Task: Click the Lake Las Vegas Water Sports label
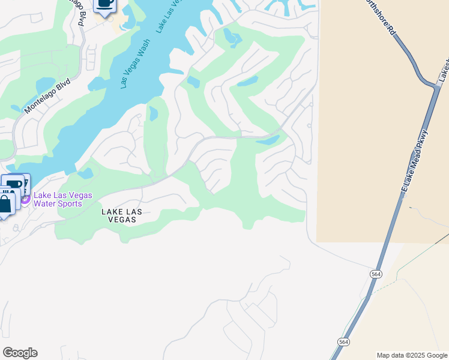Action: [58, 199]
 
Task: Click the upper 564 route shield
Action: [376, 274]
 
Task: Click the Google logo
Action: [20, 353]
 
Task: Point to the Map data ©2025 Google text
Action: [411, 355]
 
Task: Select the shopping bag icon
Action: [5, 203]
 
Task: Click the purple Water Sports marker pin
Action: [26, 197]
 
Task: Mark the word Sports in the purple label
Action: [70, 203]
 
